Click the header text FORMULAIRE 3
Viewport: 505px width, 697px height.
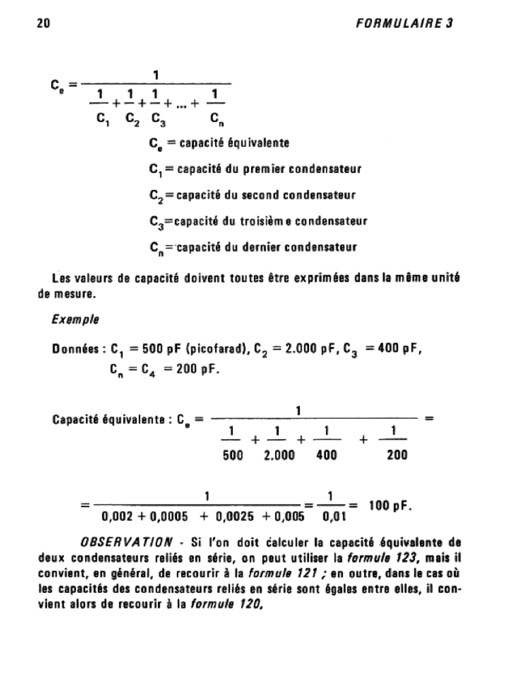coord(404,22)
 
